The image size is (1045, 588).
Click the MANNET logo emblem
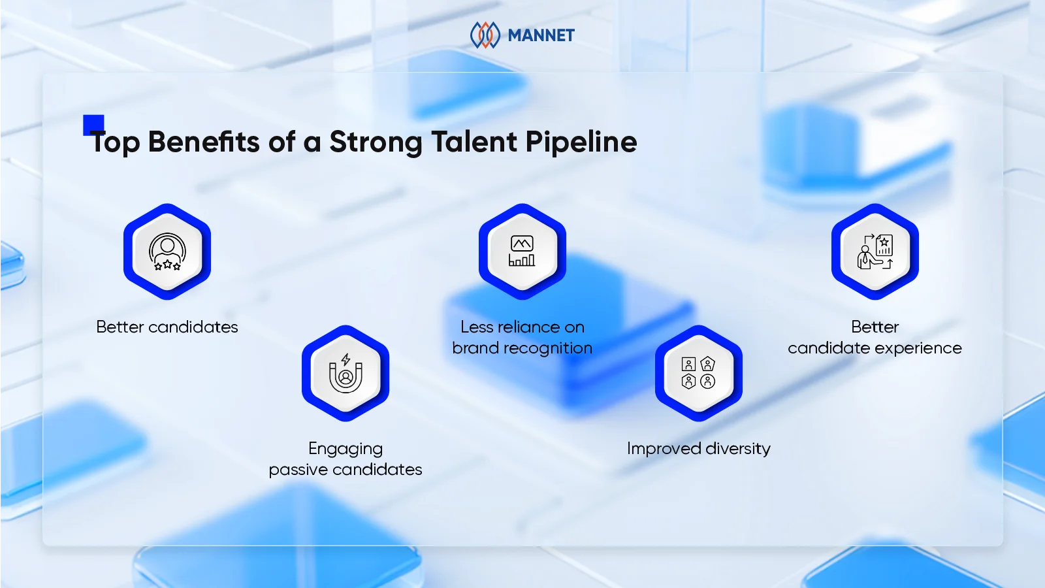click(485, 35)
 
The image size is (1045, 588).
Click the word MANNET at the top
click(541, 35)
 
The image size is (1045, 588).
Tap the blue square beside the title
click(93, 124)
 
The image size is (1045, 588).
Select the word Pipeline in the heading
click(581, 142)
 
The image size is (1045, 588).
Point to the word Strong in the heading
click(376, 142)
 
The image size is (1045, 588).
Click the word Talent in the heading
click(474, 142)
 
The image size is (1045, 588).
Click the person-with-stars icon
click(167, 252)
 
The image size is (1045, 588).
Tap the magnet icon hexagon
click(346, 373)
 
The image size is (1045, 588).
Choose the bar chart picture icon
click(522, 252)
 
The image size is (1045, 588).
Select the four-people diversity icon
click(698, 373)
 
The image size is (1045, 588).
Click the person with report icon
click(875, 252)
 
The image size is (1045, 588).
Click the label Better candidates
click(167, 327)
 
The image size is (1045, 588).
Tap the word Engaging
click(346, 449)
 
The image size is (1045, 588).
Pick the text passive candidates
click(346, 470)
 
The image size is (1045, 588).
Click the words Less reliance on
click(522, 327)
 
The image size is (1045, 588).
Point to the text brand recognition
click(522, 348)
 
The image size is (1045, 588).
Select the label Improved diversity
click(698, 449)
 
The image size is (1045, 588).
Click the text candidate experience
click(875, 348)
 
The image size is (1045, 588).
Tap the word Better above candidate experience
click(875, 327)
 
